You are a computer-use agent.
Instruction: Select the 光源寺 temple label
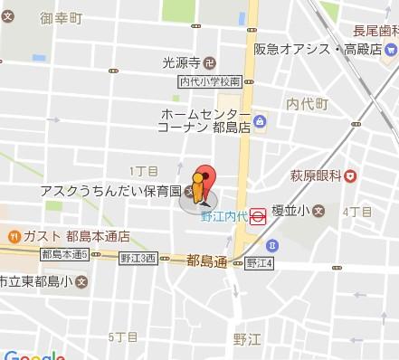181,62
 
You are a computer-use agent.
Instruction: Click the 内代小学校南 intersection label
209,81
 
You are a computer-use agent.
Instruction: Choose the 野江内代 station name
223,216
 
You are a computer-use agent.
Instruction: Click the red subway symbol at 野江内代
258,216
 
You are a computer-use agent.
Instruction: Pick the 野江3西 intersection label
138,257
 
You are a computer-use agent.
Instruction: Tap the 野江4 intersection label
258,263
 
